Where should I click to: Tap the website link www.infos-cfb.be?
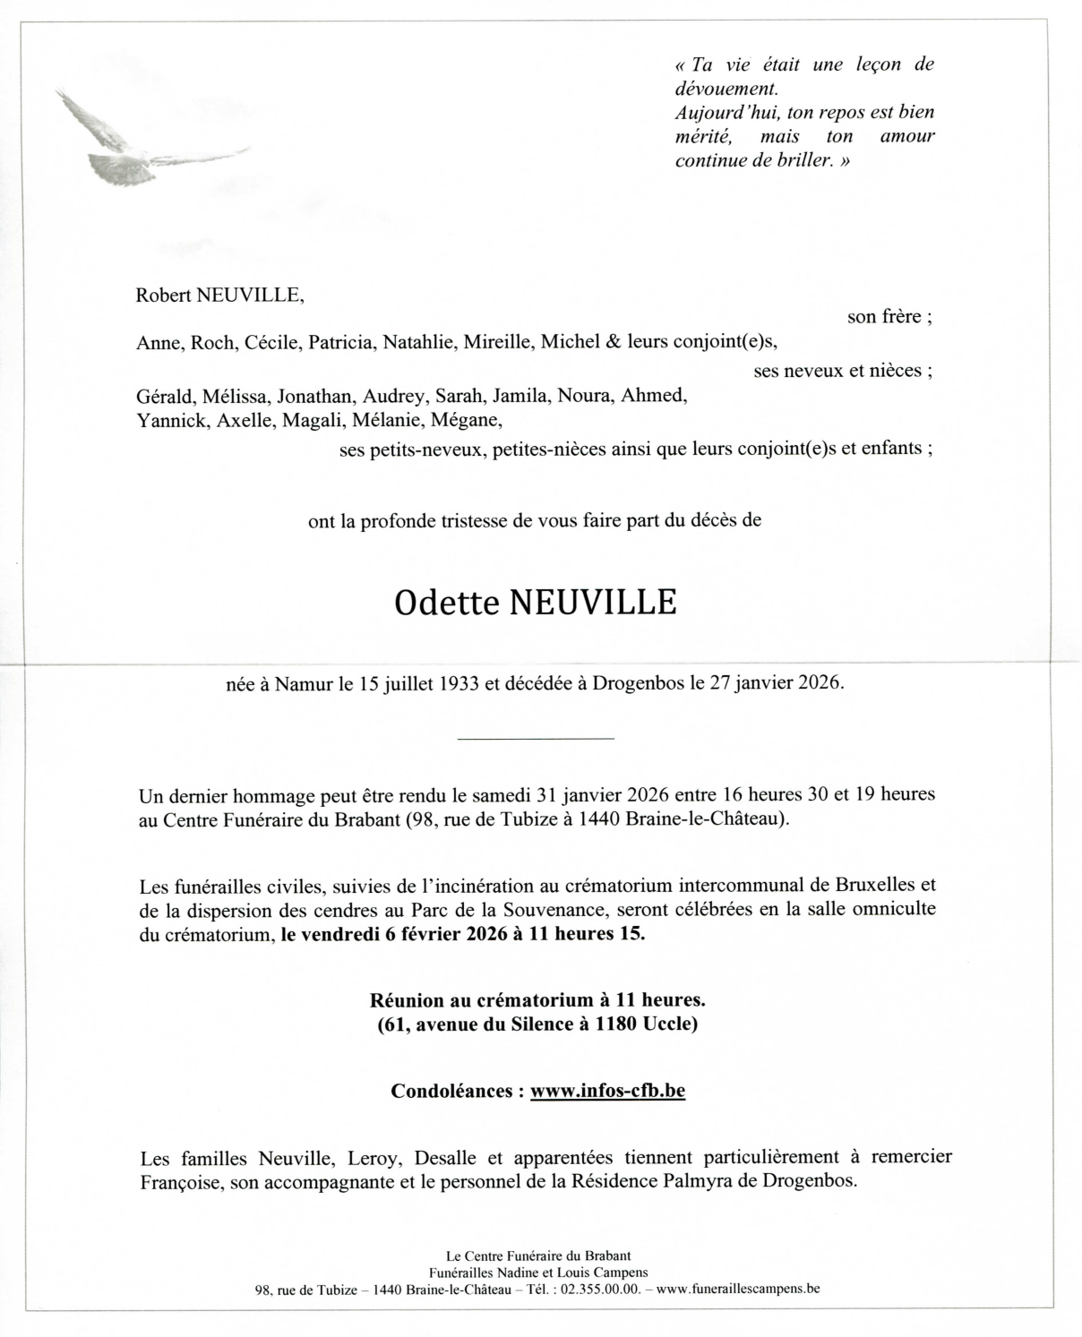tap(607, 1091)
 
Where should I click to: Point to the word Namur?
tap(305, 683)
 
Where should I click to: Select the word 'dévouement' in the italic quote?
tap(726, 89)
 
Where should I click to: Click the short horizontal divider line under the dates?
tap(536, 738)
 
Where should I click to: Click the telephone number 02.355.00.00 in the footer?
tap(597, 1290)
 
